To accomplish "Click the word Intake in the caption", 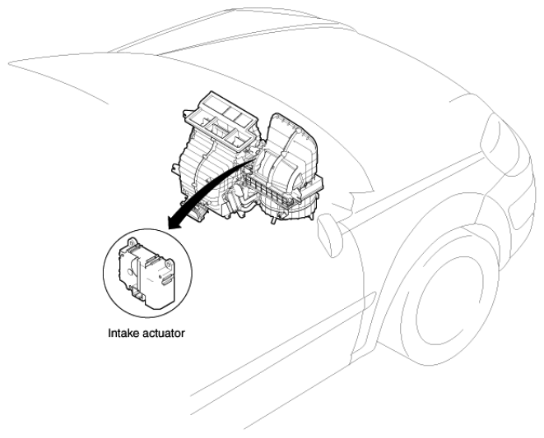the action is point(121,333).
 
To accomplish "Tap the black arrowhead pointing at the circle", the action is point(175,221).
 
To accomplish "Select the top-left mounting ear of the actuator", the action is point(133,242).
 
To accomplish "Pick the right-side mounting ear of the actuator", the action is point(169,265).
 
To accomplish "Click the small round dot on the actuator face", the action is point(160,276).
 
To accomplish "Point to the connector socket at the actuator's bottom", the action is point(139,295).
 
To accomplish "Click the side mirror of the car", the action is point(329,235).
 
